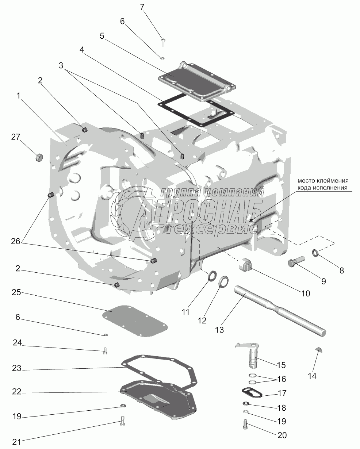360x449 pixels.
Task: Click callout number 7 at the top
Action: click(x=142, y=7)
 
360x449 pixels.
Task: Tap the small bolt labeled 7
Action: click(x=163, y=42)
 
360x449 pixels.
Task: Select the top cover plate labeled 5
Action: click(x=197, y=82)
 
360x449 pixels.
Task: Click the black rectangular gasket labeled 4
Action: click(x=196, y=110)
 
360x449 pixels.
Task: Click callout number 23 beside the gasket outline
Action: click(x=17, y=368)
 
